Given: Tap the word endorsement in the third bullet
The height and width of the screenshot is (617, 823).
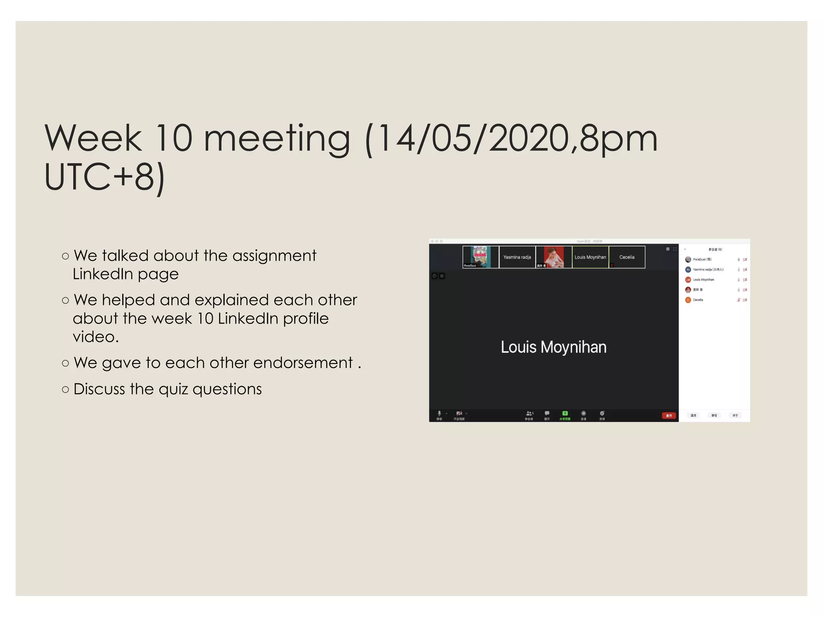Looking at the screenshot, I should coord(303,363).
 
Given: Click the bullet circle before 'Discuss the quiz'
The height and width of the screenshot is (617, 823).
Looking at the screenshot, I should coord(66,389).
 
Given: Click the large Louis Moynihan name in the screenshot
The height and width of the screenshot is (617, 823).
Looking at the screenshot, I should coord(553,347).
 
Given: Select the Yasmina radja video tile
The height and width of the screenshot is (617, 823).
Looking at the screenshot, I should coord(517,257).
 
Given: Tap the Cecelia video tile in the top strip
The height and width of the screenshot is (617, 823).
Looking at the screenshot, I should coord(627,257).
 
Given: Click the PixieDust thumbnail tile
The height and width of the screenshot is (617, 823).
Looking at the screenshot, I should coord(481,257).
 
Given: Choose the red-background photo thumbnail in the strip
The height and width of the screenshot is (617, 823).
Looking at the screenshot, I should coord(554,257).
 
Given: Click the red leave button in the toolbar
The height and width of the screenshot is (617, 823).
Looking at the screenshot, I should coord(669,415).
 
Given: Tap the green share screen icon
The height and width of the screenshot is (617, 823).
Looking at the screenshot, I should coord(565,413).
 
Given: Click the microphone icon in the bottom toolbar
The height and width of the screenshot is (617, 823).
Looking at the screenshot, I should coord(439,413).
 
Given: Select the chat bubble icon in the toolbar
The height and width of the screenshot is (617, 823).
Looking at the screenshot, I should coord(547,413).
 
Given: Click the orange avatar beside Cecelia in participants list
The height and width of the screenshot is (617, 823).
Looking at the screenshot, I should coord(688,300).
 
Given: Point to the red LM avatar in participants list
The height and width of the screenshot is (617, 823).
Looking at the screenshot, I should coord(688,280).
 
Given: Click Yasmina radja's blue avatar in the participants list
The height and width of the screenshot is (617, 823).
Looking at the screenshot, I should coord(688,270).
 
